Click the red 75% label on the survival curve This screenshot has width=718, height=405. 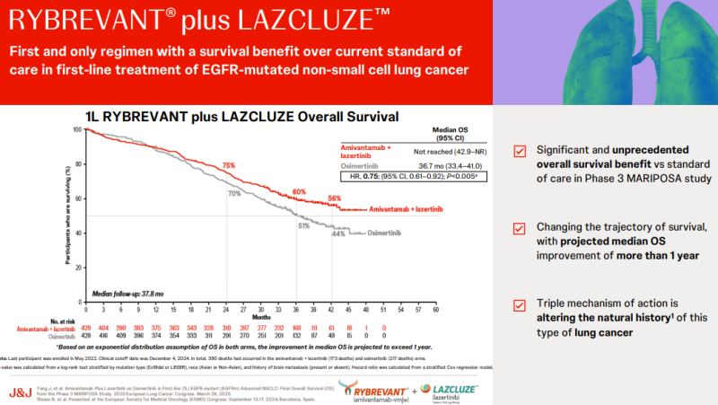pos(229,166)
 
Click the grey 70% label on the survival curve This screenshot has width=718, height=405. pos(233,193)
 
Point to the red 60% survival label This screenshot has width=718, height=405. pos(299,191)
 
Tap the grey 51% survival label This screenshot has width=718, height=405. pos(303,226)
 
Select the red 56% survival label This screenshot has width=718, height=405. pos(335,198)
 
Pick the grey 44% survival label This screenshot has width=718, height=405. pos(338,234)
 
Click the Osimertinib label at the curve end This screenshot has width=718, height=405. pos(380,233)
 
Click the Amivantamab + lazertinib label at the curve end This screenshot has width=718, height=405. pos(402,209)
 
